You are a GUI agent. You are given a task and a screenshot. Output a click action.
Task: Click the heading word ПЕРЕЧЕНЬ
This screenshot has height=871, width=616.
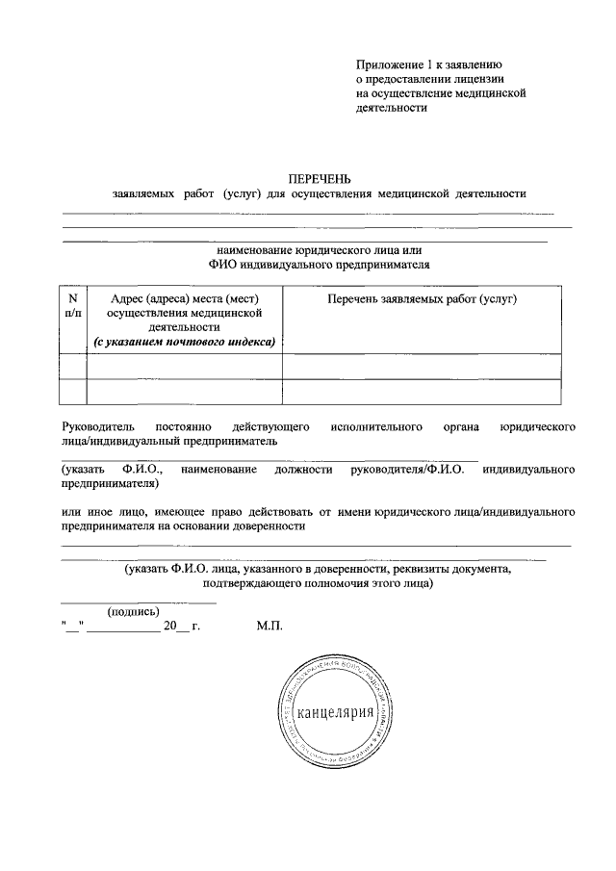click(x=321, y=178)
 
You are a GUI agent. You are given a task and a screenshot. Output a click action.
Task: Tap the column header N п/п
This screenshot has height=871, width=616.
click(x=73, y=306)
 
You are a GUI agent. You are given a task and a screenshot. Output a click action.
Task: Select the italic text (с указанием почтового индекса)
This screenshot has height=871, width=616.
click(x=184, y=341)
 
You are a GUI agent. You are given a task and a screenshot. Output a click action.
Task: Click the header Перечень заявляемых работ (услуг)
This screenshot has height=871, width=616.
click(x=422, y=299)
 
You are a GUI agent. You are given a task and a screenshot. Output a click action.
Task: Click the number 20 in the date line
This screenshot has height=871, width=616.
click(x=170, y=626)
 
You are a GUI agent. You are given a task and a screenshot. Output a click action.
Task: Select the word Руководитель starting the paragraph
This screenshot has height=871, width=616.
click(x=93, y=424)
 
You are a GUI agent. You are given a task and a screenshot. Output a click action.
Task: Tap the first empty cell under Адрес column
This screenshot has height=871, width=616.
click(x=185, y=367)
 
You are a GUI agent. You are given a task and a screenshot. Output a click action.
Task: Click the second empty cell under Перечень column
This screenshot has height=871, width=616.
click(x=422, y=392)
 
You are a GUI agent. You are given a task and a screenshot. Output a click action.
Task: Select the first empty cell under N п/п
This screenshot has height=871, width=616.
click(x=73, y=367)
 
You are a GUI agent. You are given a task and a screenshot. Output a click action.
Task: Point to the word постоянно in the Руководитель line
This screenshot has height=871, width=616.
click(x=178, y=424)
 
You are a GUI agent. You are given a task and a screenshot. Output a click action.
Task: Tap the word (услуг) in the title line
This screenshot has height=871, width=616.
click(x=243, y=192)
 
